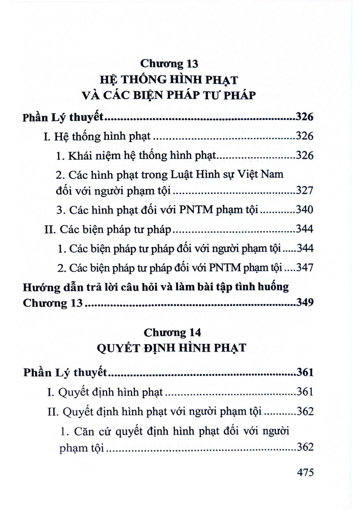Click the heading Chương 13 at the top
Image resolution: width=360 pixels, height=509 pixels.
tap(169, 63)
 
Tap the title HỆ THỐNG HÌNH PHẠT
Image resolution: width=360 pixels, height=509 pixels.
tap(169, 80)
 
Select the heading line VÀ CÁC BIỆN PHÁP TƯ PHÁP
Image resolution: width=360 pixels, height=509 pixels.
tap(169, 96)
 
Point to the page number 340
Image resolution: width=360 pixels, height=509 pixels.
tap(304, 210)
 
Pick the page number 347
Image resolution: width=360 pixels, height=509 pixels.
tap(304, 267)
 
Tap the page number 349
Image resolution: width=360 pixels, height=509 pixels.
tap(304, 303)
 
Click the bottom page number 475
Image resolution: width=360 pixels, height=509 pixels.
tap(305, 472)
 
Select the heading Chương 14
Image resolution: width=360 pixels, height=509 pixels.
tap(172, 332)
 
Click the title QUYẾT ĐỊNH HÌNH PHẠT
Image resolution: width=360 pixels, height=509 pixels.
tap(171, 348)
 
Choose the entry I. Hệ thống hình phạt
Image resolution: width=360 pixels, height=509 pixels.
tap(97, 137)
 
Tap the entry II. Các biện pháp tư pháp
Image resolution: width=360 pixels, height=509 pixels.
tap(108, 229)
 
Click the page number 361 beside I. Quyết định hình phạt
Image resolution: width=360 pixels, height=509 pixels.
tap(305, 392)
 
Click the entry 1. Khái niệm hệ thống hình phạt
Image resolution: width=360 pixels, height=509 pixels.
tap(136, 156)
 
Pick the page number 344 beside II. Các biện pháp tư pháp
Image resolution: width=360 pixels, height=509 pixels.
tap(304, 229)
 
